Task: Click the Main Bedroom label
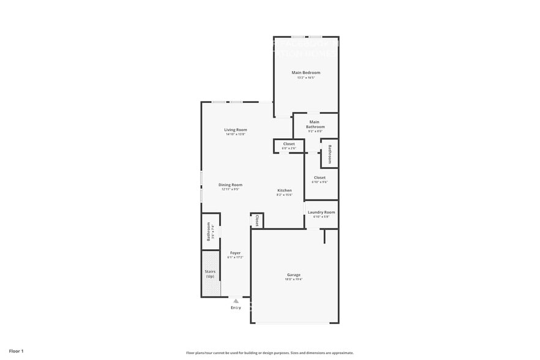click(306, 73)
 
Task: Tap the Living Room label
click(235, 130)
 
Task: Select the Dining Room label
click(230, 185)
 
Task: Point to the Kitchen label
click(284, 190)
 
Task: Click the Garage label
click(294, 275)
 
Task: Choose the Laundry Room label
click(321, 212)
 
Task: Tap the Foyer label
click(235, 253)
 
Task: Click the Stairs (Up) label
click(210, 274)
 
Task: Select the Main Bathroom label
click(315, 124)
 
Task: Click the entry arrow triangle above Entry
click(236, 301)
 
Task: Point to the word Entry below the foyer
click(236, 307)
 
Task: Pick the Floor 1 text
click(16, 351)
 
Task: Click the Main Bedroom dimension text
click(306, 78)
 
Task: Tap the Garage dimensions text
click(294, 279)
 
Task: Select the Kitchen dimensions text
click(284, 195)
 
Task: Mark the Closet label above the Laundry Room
click(320, 178)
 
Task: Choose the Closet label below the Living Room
click(288, 144)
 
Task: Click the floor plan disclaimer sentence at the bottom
click(270, 353)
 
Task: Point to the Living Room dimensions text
click(235, 134)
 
